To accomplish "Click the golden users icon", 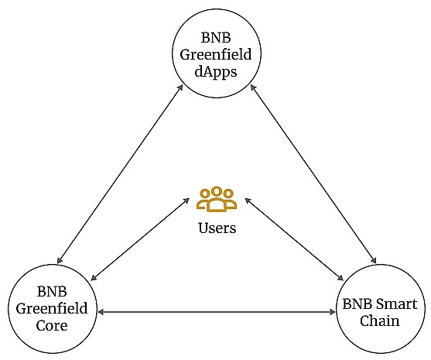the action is coord(217,200).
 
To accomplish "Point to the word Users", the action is coord(217,228).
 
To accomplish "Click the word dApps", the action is coord(216,72).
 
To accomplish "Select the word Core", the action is coord(52,326).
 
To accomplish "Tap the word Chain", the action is coord(380,321).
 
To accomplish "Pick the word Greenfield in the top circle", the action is coord(216,54).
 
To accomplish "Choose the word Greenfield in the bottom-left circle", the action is coord(52,309).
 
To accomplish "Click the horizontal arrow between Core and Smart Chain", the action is coord(217,312).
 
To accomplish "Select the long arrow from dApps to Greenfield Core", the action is coord(120,174).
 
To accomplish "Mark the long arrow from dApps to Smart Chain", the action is coord(313,174).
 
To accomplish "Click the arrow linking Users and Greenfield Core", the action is coord(140,239).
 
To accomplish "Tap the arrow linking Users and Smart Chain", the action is coord(294,239).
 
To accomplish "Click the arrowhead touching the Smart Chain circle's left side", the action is coord(332,312).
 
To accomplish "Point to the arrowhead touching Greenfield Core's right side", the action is coord(101,312).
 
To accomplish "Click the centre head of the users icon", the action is coord(217,191).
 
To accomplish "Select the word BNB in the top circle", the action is coord(216,37).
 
